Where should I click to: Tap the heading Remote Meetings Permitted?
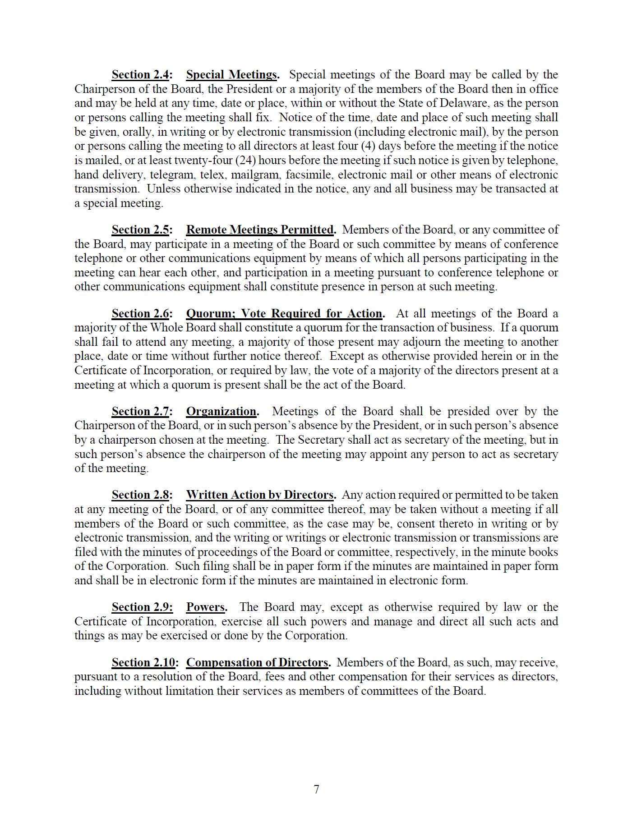260,230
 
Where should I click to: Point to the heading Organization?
221,412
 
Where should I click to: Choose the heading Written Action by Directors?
260,495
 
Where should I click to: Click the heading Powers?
206,607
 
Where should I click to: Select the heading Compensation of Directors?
257,663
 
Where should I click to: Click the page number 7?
316,789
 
